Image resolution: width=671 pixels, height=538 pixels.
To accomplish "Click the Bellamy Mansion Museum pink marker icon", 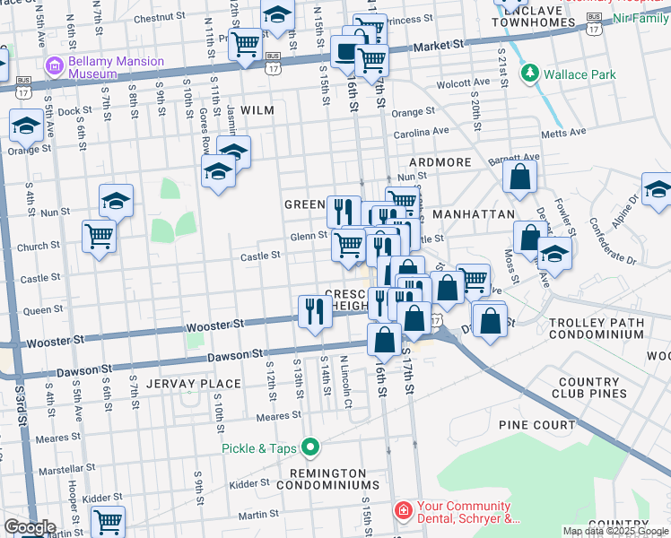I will tap(54, 66).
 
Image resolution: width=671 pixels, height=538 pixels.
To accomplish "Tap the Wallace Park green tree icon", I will tap(530, 74).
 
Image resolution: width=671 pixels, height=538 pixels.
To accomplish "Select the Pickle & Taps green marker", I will tap(311, 446).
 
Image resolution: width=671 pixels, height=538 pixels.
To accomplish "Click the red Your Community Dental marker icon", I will tap(405, 511).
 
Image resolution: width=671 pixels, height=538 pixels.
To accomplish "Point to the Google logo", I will tap(29, 527).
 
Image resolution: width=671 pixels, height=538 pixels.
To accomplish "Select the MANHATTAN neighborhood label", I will tap(473, 215).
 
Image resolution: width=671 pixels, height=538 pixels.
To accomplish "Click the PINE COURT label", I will tap(538, 425).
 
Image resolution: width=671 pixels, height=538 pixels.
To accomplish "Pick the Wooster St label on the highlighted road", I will tap(215, 325).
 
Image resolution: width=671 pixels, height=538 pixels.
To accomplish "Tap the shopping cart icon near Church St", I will tap(99, 237).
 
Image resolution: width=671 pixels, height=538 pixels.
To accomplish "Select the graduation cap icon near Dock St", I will tap(27, 126).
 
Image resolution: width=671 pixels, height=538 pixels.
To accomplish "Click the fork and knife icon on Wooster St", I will tap(313, 311).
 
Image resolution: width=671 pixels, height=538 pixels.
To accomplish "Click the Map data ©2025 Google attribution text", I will tap(615, 531).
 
